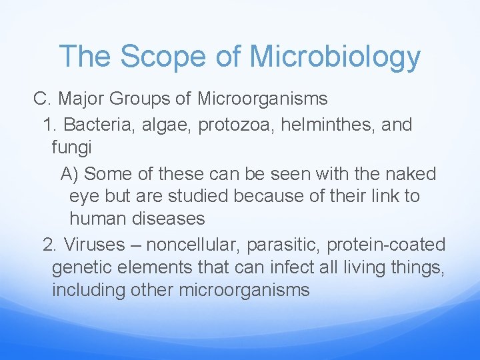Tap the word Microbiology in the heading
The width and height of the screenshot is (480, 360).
click(335, 58)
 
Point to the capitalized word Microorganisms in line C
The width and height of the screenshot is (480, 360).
click(262, 99)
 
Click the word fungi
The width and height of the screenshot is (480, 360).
click(71, 147)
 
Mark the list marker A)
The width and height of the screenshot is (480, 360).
click(70, 174)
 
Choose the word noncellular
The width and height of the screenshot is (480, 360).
click(191, 245)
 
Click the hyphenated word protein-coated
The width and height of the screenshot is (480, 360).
click(386, 245)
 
